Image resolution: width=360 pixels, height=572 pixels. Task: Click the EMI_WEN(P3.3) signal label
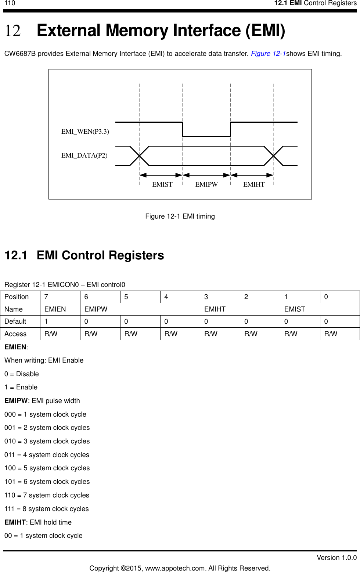[x=85, y=132]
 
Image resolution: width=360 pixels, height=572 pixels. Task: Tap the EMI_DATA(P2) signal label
[x=84, y=155]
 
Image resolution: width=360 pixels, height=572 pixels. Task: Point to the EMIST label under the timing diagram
[x=162, y=184]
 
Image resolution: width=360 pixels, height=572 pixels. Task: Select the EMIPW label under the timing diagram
[x=206, y=184]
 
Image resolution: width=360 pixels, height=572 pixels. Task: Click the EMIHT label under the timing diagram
[x=253, y=184]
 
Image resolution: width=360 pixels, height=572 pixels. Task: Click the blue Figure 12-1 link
[x=268, y=54]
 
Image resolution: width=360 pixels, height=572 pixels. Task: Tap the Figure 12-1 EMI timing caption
[x=180, y=216]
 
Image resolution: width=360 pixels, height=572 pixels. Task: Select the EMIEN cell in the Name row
[x=55, y=309]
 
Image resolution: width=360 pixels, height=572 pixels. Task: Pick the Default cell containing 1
[x=46, y=321]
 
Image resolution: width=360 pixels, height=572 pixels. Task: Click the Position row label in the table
[x=17, y=297]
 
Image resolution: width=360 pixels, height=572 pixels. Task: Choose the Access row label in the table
[x=15, y=334]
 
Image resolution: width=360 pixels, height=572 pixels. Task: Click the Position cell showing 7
[x=46, y=297]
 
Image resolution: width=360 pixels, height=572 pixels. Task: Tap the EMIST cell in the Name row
[x=295, y=309]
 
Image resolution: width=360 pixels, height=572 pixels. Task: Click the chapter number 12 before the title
[x=12, y=31]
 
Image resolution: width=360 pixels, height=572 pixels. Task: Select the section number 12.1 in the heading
[x=16, y=255]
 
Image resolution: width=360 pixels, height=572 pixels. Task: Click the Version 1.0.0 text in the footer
[x=336, y=558]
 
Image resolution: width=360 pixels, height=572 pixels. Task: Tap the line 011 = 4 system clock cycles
[x=47, y=455]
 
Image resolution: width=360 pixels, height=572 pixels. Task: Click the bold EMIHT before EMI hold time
[x=15, y=522]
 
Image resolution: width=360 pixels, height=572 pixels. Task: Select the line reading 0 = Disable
[x=22, y=374]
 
